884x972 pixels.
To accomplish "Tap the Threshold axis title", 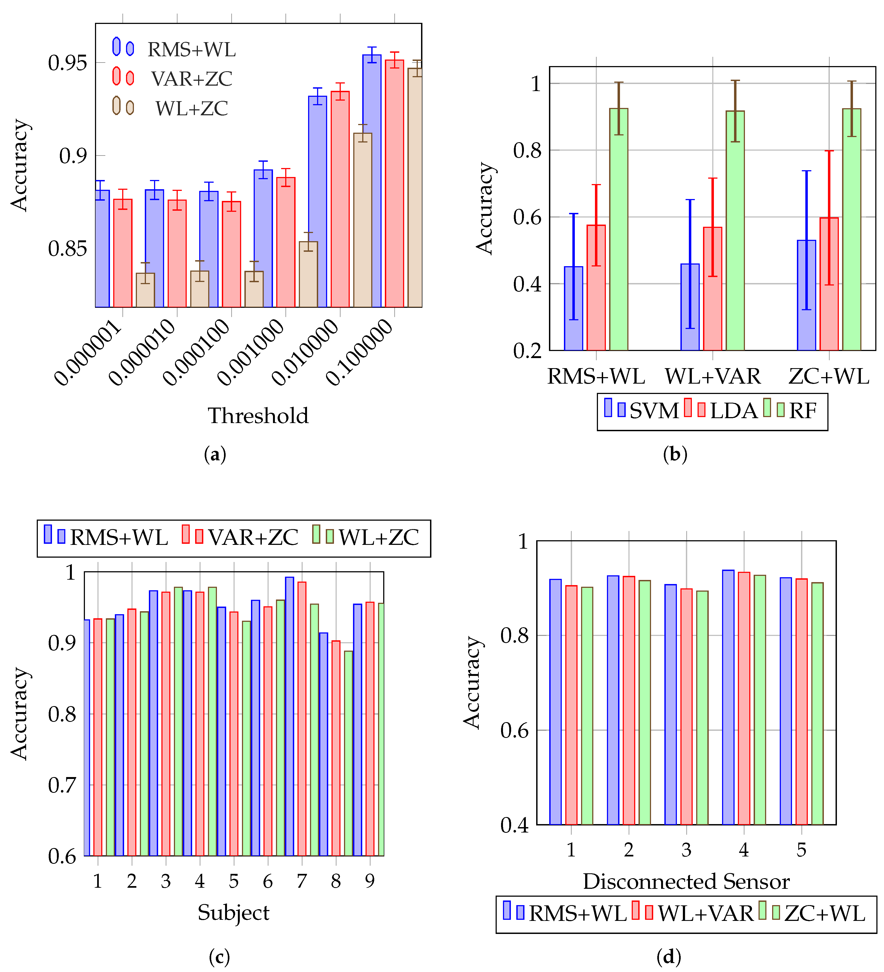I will point(258,416).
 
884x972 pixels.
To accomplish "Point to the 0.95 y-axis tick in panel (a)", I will point(67,63).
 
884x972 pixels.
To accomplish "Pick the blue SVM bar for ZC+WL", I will point(806,295).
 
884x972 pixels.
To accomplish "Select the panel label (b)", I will point(675,454).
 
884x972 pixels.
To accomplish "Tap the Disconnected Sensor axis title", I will point(686,881).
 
